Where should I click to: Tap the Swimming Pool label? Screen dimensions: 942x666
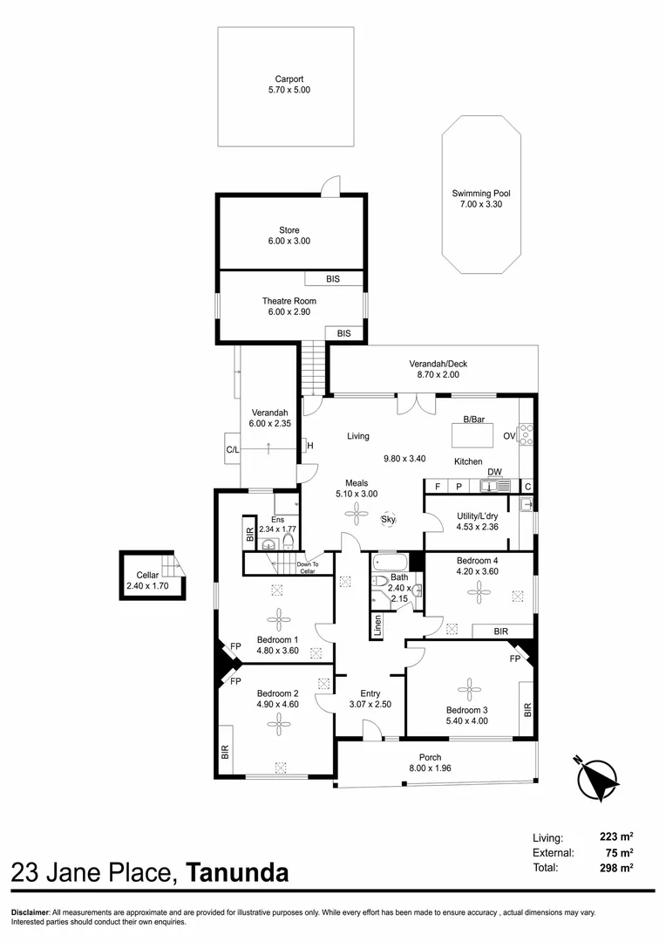coord(481,194)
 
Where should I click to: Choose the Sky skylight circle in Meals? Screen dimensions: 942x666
coord(389,520)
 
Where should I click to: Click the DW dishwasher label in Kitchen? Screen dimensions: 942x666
coord(494,472)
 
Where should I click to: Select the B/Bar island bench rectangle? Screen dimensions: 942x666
coord(473,433)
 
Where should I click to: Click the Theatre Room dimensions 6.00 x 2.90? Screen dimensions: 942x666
coord(289,311)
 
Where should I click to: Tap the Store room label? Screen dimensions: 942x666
coord(289,230)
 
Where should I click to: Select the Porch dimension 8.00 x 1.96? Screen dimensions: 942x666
coord(430,768)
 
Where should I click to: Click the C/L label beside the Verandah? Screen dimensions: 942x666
coord(233,450)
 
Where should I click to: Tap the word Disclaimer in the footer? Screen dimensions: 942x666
coord(31,911)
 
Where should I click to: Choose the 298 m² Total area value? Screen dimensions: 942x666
coord(615,868)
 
